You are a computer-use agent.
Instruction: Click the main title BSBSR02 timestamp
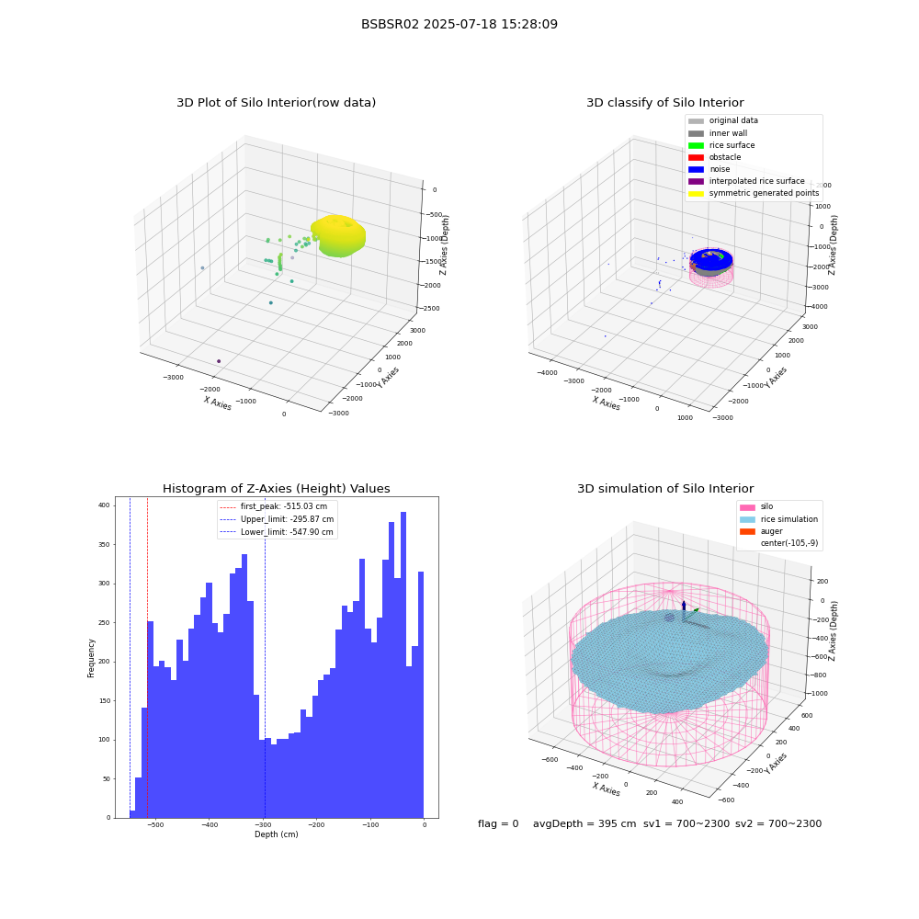459,24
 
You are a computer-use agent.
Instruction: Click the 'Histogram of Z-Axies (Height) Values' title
276,488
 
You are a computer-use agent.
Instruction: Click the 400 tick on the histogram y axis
104,505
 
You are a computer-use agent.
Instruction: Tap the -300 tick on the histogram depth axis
263,824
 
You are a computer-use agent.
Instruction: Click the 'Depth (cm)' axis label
276,834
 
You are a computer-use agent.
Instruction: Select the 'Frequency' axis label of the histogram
91,658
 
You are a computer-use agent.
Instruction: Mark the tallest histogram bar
403,664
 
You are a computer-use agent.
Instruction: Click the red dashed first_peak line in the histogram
147,658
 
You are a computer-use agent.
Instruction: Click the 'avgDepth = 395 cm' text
584,823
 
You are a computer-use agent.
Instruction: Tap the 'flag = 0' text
498,823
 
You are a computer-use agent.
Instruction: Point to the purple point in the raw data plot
219,361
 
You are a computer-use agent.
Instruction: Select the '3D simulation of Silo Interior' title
665,488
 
